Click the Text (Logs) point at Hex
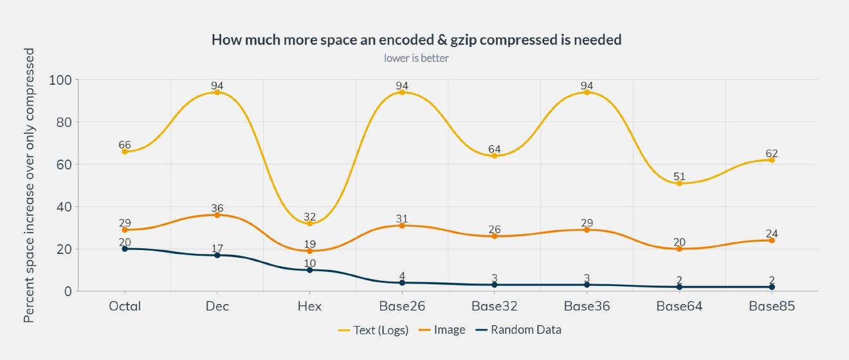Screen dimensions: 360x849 point(309,223)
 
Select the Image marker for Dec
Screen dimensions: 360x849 point(217,215)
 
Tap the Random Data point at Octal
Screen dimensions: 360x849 point(125,249)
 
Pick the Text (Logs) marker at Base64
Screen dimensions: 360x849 point(679,183)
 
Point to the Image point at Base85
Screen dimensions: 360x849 point(772,240)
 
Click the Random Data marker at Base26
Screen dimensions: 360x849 point(402,283)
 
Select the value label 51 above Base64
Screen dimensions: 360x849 point(679,176)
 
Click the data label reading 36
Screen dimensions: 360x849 point(217,208)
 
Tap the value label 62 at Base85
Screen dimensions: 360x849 point(772,154)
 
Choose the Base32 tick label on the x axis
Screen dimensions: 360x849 point(494,307)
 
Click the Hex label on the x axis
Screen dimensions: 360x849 point(309,307)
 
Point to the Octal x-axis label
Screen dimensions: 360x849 point(125,307)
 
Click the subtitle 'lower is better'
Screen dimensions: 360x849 point(416,59)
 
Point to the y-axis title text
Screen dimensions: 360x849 point(29,185)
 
